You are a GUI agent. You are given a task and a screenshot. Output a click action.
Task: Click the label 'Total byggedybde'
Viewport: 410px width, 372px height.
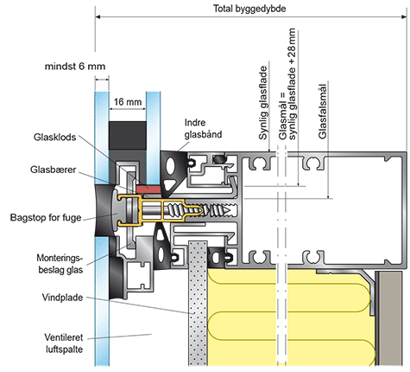tap(249, 9)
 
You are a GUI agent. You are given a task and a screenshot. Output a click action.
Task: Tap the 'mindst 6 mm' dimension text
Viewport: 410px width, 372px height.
tap(75, 67)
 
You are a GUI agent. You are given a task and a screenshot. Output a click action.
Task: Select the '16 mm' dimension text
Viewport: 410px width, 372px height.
tap(128, 102)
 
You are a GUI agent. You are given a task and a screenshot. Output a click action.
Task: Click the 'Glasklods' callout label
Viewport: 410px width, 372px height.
tap(54, 137)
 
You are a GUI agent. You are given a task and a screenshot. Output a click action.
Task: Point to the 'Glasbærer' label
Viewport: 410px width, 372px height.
tap(54, 170)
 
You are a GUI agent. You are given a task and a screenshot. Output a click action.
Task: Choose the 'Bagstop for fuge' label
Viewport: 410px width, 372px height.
tap(46, 217)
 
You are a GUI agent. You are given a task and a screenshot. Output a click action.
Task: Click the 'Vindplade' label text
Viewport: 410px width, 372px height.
tap(62, 298)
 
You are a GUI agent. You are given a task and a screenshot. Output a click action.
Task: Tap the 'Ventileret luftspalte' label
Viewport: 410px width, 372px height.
tap(64, 343)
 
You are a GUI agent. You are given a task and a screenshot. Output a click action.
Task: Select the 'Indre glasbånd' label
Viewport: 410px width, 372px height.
tap(203, 128)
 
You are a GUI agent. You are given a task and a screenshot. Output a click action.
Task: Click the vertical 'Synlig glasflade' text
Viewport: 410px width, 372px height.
tap(263, 103)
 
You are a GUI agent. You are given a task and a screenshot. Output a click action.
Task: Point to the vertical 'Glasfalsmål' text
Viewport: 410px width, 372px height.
tap(323, 112)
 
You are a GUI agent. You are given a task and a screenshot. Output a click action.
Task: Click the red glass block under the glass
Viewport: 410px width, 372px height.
tap(148, 189)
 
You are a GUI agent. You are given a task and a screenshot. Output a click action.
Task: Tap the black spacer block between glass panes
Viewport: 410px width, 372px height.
tap(128, 135)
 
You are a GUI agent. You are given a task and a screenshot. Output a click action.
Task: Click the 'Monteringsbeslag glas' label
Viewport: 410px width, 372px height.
tap(60, 264)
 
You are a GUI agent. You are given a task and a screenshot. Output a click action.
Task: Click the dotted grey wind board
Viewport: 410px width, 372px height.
tap(198, 304)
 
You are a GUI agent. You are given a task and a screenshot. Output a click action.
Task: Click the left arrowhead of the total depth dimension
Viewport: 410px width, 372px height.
tap(98, 16)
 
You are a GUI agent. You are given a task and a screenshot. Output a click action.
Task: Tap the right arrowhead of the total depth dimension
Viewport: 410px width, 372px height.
tap(404, 16)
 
